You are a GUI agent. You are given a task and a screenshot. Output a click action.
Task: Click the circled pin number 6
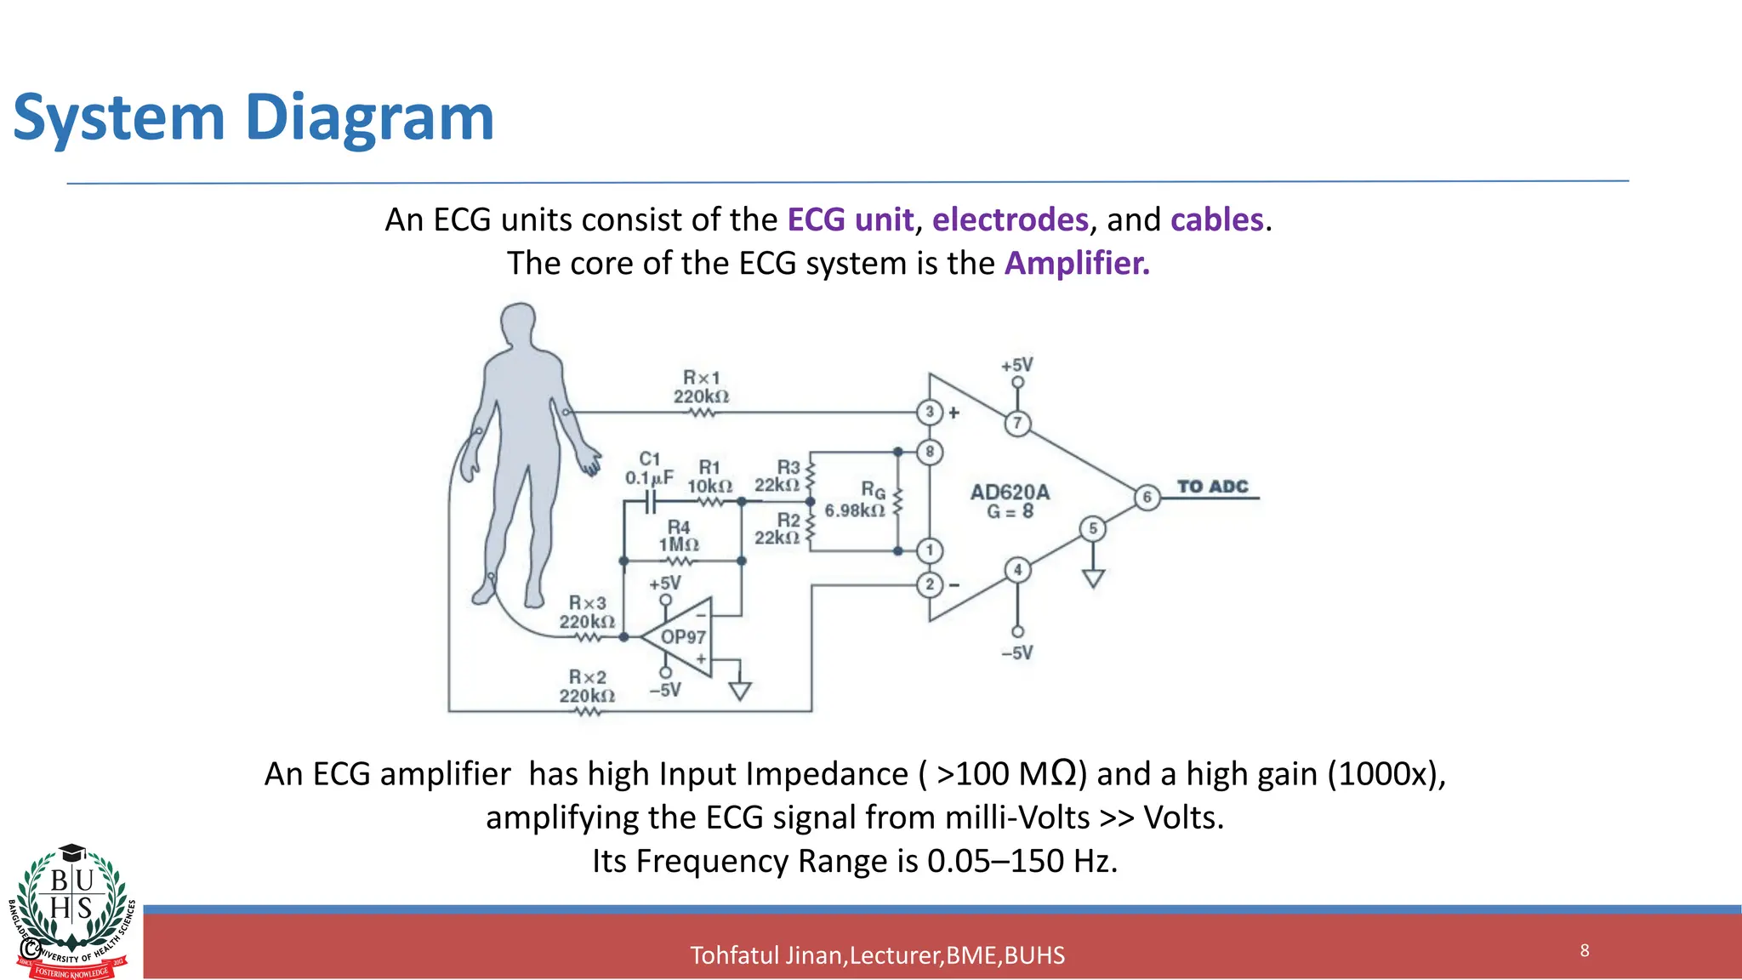[x=1147, y=497]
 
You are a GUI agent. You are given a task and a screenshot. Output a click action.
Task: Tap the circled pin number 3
[x=930, y=412]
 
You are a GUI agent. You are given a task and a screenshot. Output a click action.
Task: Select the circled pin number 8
[x=930, y=452]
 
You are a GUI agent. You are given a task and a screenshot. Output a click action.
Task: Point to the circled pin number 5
[x=1093, y=528]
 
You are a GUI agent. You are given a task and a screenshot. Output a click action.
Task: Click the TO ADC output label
[x=1212, y=487]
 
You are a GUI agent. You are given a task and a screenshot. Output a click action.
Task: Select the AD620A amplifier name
[x=1010, y=492]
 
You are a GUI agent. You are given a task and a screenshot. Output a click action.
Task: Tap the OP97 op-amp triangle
[x=681, y=637]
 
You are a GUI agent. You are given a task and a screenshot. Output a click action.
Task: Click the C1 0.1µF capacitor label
[x=649, y=469]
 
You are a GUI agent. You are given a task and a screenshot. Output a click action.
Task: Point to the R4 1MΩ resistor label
[x=678, y=536]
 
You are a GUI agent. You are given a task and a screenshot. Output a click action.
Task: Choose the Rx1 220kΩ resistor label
[x=701, y=387]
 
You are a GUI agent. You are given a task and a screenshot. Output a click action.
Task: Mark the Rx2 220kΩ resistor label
[x=587, y=687]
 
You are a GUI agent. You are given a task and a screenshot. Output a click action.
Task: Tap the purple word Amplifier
[x=1076, y=264]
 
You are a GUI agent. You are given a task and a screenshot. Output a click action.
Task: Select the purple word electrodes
[x=1010, y=220]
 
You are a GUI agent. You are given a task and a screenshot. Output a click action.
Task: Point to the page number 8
[x=1585, y=950]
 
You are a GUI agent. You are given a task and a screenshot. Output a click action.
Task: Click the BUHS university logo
[x=72, y=910]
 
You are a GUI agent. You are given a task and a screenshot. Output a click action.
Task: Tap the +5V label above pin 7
[x=1016, y=365]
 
